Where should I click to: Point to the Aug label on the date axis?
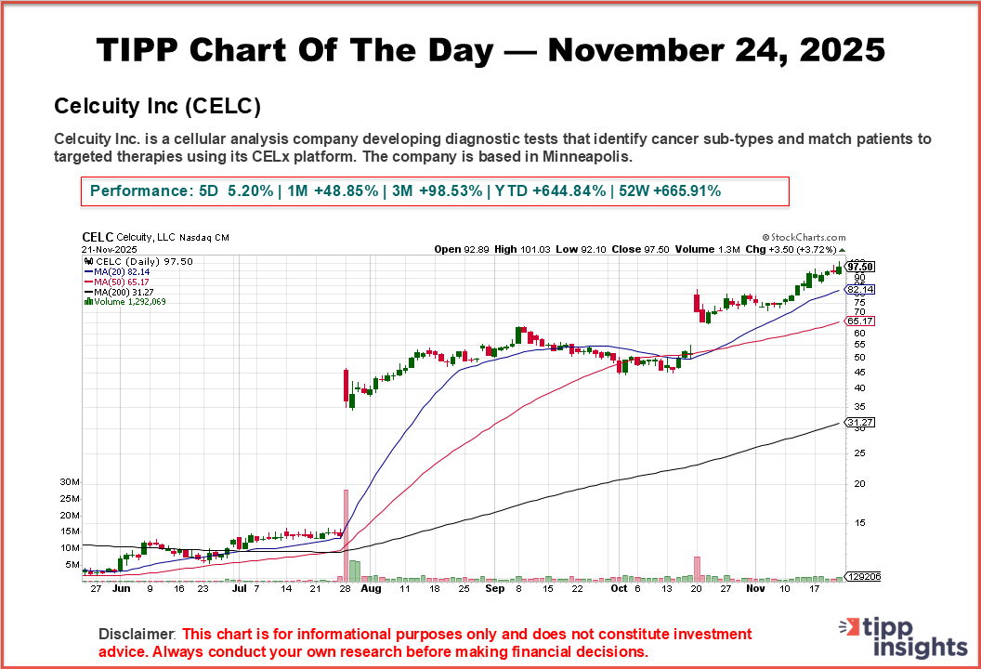(x=370, y=588)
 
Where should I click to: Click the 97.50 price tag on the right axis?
(x=860, y=267)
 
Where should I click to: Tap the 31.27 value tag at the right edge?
(x=860, y=422)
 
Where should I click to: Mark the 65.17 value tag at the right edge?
(x=860, y=321)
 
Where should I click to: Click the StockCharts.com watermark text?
(x=804, y=238)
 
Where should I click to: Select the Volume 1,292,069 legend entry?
(x=125, y=301)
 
